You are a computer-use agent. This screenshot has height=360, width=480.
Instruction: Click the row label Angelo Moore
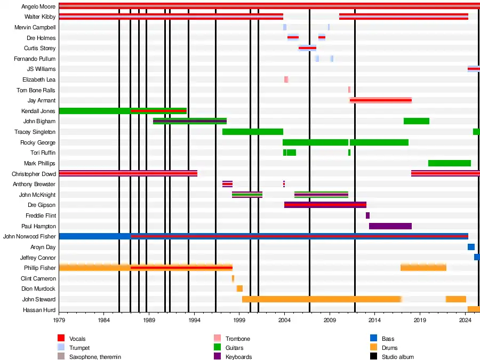pos(38,7)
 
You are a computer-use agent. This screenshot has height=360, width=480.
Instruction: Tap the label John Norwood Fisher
pos(29,236)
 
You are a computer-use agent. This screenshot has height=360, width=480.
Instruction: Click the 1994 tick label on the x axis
pos(194,321)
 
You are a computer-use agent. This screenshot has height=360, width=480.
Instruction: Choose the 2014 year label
pos(375,321)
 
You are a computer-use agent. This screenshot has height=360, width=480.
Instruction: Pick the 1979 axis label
pos(59,321)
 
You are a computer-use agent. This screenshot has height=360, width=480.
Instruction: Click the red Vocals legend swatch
pos(61,339)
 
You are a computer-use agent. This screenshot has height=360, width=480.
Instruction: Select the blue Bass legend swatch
pos(374,339)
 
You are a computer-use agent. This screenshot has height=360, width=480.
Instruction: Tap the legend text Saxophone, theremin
pos(95,357)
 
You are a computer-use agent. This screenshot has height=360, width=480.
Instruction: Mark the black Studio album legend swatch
pos(374,357)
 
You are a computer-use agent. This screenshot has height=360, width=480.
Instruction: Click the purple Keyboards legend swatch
pos(217,357)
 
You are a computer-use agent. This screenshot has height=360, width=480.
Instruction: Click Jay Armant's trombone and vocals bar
pos(380,100)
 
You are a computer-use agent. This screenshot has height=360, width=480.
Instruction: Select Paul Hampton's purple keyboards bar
pos(390,226)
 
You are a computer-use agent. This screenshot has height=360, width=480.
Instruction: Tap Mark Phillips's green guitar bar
pos(449,163)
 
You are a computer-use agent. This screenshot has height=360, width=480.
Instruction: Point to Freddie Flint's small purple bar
pos(367,215)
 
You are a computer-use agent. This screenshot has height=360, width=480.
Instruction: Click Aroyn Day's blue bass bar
pos(471,247)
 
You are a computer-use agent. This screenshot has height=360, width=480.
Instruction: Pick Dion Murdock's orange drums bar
pos(239,289)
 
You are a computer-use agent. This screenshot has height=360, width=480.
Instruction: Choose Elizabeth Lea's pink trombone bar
pos(286,79)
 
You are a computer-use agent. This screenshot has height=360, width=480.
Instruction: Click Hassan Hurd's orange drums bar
pos(474,309)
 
